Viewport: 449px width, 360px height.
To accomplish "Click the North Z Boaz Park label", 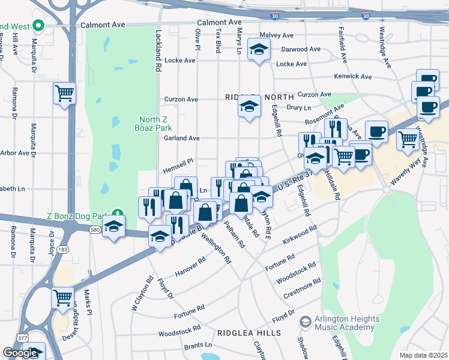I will [155, 123].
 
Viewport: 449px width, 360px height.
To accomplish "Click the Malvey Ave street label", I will [277, 35].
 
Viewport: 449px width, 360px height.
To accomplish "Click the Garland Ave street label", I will [181, 138].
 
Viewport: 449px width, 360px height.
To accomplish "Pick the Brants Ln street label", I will [198, 346].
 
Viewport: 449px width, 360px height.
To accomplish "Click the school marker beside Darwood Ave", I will [259, 50].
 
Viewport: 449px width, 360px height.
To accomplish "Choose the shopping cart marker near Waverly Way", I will [408, 139].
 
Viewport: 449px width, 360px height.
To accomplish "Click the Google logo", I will [20, 353].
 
